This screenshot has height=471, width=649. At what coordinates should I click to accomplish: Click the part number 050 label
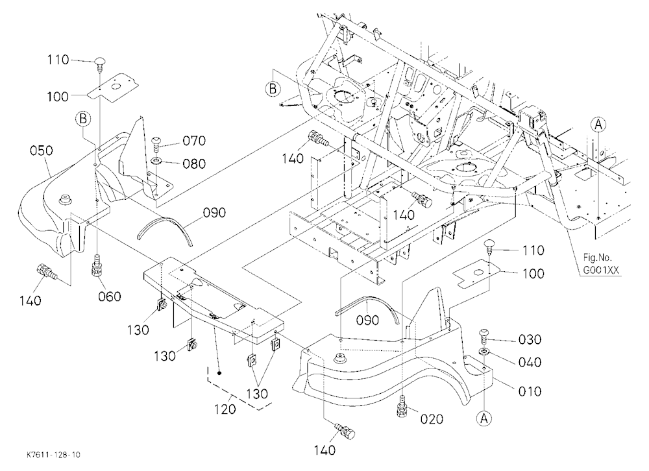pos(42,151)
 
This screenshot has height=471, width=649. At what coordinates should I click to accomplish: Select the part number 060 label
pos(110,296)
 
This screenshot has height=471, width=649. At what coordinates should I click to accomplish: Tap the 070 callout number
pos(194,141)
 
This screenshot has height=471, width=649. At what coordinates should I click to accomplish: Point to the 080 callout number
pos(194,163)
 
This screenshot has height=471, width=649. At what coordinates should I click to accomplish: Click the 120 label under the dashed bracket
pos(225,409)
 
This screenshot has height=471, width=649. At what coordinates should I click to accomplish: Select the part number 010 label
pos(530,391)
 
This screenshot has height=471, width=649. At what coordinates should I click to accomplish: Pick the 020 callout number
pos(432,419)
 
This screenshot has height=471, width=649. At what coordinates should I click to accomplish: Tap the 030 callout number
pos(530,339)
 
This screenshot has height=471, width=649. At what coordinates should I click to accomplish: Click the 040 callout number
pos(530,362)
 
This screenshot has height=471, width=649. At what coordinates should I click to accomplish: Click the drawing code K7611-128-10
pos(53,455)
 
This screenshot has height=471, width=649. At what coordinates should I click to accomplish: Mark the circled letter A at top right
pos(598,124)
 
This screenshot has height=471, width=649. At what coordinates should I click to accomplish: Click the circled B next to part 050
pos(83,119)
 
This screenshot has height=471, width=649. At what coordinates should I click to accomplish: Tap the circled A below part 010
pos(484,419)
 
